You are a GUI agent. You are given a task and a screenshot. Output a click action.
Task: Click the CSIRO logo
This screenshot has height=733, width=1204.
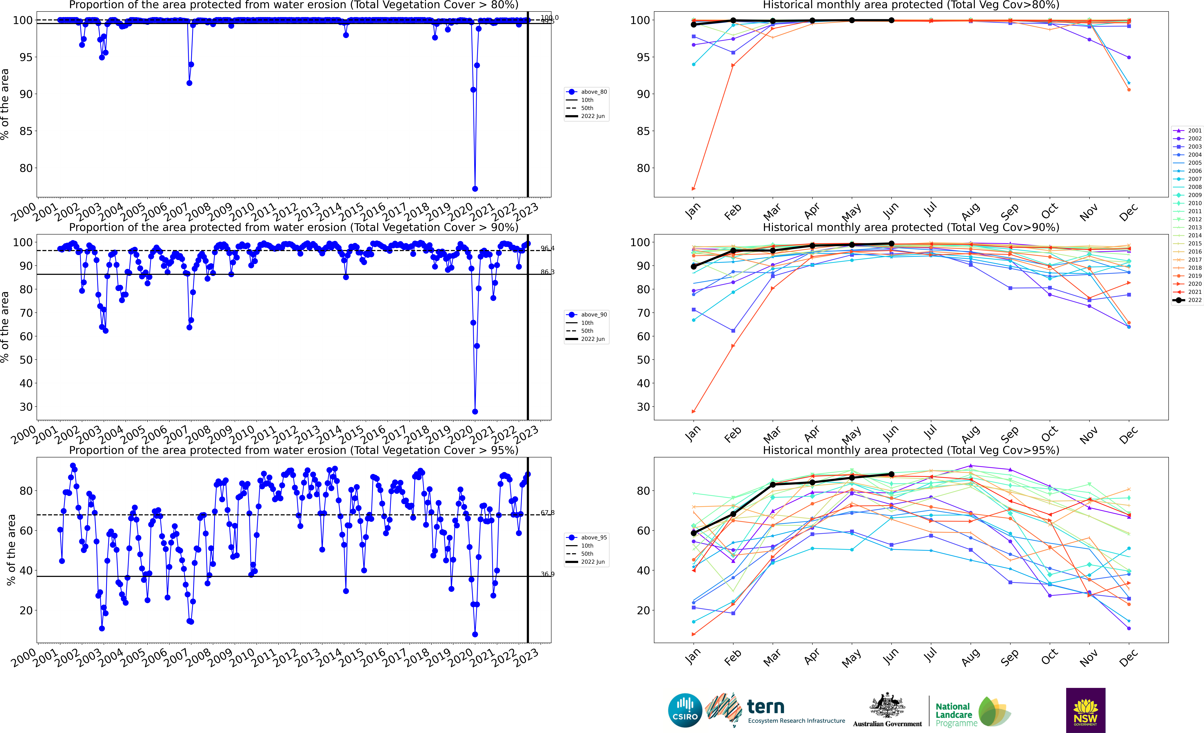click(x=685, y=710)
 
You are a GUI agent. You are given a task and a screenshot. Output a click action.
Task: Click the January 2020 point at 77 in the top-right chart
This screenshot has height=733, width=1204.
click(x=693, y=189)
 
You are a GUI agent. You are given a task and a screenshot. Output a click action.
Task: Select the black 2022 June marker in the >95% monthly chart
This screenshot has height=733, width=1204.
click(x=891, y=474)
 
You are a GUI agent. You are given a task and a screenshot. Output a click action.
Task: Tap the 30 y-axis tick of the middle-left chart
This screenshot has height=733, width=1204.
click(x=26, y=407)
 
